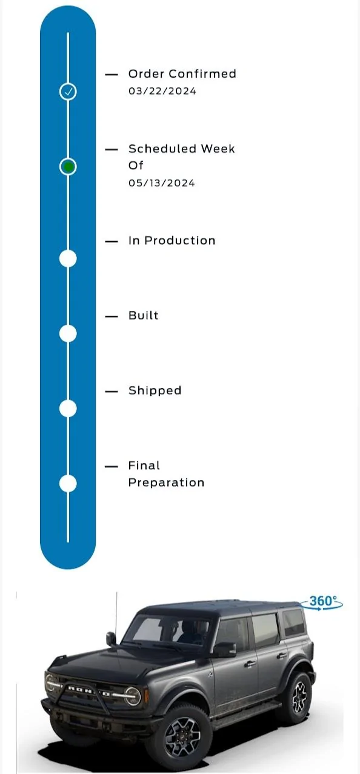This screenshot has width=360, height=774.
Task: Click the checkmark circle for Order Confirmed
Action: (x=68, y=92)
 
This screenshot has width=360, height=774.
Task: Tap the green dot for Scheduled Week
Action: (x=68, y=167)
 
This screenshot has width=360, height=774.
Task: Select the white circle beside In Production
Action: (x=68, y=258)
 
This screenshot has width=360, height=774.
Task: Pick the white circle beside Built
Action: (x=68, y=333)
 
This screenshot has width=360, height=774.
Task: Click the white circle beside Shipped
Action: (x=68, y=409)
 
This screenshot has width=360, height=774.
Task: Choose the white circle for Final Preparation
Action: (x=68, y=483)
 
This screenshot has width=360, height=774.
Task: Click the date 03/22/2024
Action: (x=162, y=92)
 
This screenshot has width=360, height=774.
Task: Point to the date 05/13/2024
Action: (x=162, y=183)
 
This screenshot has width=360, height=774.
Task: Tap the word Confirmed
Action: (x=202, y=73)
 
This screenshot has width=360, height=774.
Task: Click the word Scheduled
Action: (x=162, y=148)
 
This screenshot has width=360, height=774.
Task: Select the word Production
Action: (x=180, y=241)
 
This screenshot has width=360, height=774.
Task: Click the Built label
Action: (x=144, y=315)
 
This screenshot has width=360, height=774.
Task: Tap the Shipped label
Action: (x=155, y=390)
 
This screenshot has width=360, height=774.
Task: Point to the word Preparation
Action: (x=166, y=482)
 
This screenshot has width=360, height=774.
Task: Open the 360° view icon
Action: (x=321, y=602)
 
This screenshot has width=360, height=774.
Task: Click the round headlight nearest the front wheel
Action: (x=132, y=696)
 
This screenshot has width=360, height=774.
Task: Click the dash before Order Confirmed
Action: (x=112, y=75)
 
